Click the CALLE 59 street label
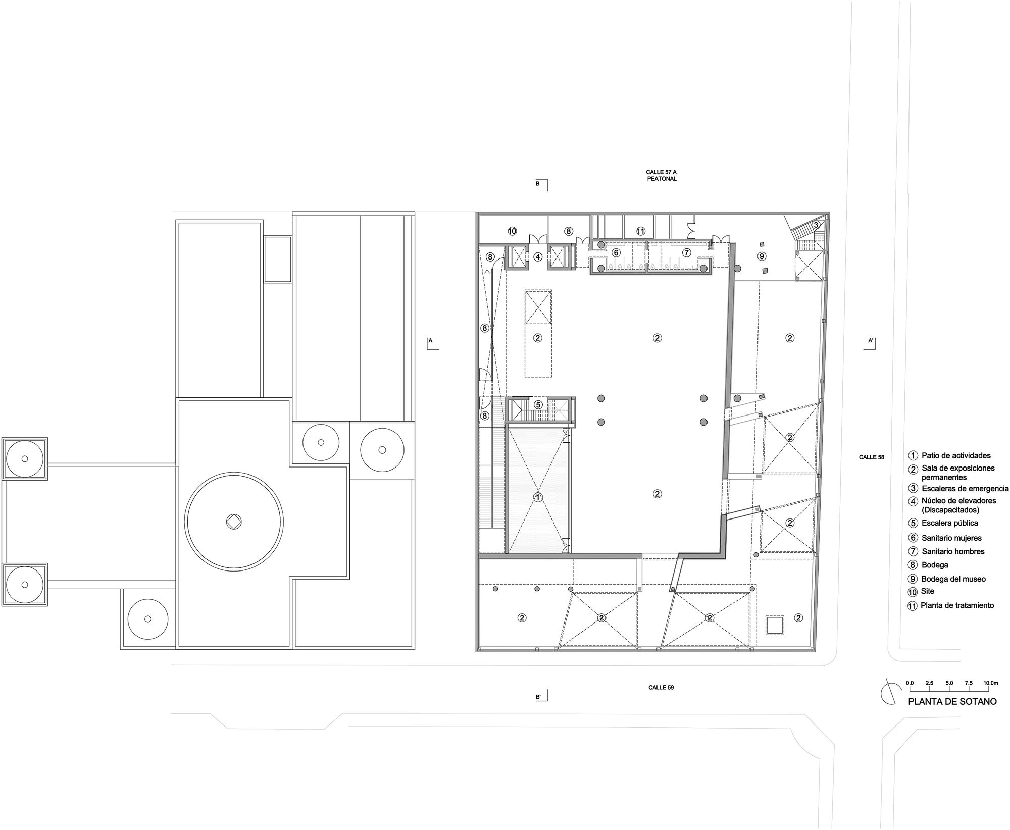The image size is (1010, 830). coord(661,687)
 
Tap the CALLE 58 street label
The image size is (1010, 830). coord(872,457)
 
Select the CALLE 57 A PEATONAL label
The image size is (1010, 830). coord(662,175)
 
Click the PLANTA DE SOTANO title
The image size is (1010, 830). coord(952,701)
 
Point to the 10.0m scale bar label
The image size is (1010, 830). coord(991,683)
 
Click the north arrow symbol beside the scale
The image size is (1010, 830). coord(891,692)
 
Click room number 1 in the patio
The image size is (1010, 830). coord(538,497)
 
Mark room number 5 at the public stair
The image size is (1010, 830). coord(538,404)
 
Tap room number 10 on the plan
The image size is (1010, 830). coord(512,231)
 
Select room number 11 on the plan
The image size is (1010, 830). coord(640,231)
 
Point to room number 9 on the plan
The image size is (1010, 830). coord(762,256)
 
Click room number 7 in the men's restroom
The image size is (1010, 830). coord(686,252)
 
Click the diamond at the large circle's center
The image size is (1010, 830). coord(234,522)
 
